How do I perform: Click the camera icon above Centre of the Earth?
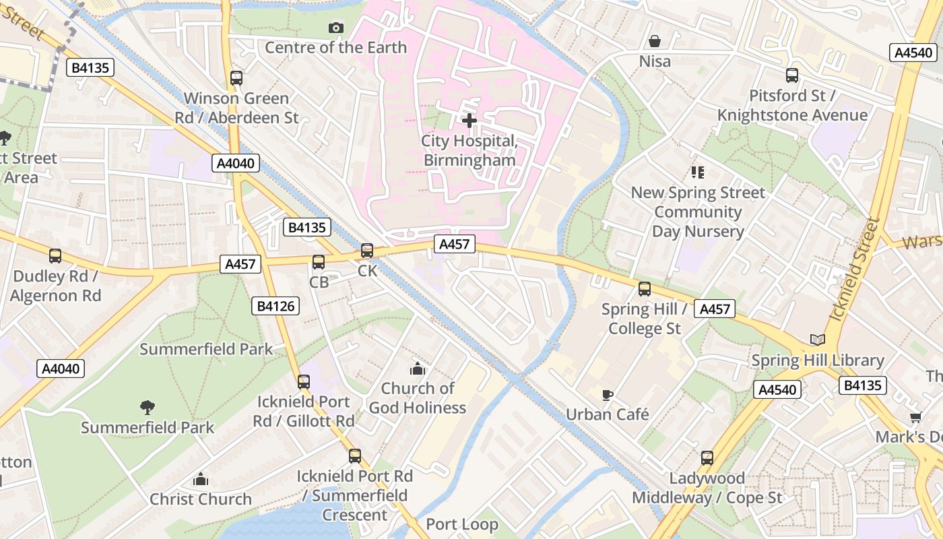tap(335, 28)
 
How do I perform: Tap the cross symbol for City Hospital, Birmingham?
tap(469, 121)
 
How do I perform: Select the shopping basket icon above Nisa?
tap(654, 41)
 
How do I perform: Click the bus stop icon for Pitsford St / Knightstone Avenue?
tap(792, 75)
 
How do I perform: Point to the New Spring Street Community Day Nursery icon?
tap(698, 172)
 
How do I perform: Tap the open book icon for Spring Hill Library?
tap(817, 340)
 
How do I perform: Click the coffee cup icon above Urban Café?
tap(607, 394)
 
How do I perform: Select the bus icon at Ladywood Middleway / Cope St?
tap(707, 458)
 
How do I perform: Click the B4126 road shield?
tap(275, 307)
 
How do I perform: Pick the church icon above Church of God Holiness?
tap(418, 369)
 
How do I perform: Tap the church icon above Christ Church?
tap(200, 480)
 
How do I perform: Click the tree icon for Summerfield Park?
tap(147, 407)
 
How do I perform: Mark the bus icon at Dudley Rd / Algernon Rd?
tap(55, 256)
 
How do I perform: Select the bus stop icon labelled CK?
tap(367, 251)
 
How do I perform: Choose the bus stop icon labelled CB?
tap(319, 262)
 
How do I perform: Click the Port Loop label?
tap(462, 524)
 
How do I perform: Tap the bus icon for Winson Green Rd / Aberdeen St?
tap(236, 78)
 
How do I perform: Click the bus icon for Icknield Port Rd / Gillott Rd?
tap(304, 382)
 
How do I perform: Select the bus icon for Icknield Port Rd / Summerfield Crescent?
tap(355, 456)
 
